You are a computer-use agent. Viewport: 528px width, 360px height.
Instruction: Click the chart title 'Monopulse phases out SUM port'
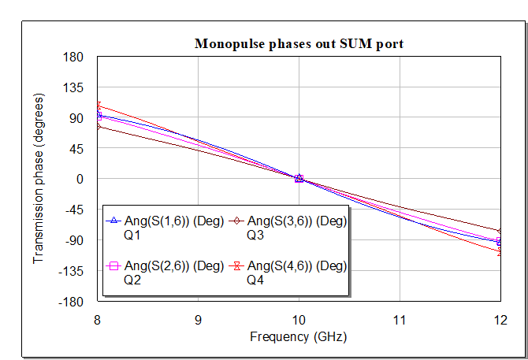pos(299,44)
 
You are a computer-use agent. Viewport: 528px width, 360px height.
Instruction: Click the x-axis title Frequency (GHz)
pos(299,336)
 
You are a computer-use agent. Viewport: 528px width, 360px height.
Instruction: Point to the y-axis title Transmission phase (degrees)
pos(39,179)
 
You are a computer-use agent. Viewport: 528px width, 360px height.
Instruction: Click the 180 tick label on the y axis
pos(73,57)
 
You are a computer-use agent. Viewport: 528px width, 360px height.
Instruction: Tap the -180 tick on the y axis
pos(72,302)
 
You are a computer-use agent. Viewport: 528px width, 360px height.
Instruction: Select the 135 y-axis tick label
pos(73,87)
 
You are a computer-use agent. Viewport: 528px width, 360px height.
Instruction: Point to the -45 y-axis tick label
pos(73,210)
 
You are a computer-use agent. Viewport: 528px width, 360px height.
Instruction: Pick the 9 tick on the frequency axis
pos(198,321)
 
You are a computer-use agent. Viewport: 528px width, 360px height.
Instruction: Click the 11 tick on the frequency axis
pos(400,321)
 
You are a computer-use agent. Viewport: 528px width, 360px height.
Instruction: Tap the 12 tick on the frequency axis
pos(500,321)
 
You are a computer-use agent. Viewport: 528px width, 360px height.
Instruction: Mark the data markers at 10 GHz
pos(299,179)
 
